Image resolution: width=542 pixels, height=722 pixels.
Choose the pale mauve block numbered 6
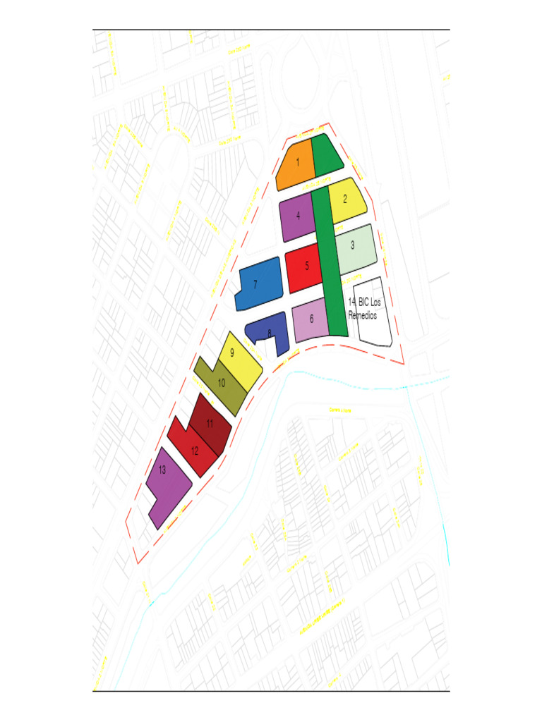(x=311, y=321)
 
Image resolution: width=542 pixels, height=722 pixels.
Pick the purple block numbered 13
(x=168, y=487)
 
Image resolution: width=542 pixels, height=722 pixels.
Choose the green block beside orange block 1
(x=326, y=155)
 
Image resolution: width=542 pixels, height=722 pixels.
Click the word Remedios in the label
(x=363, y=316)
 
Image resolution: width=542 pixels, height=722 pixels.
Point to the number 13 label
(x=162, y=470)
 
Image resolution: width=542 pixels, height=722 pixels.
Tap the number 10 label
(x=221, y=384)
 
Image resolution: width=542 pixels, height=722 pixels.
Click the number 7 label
(x=255, y=285)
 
